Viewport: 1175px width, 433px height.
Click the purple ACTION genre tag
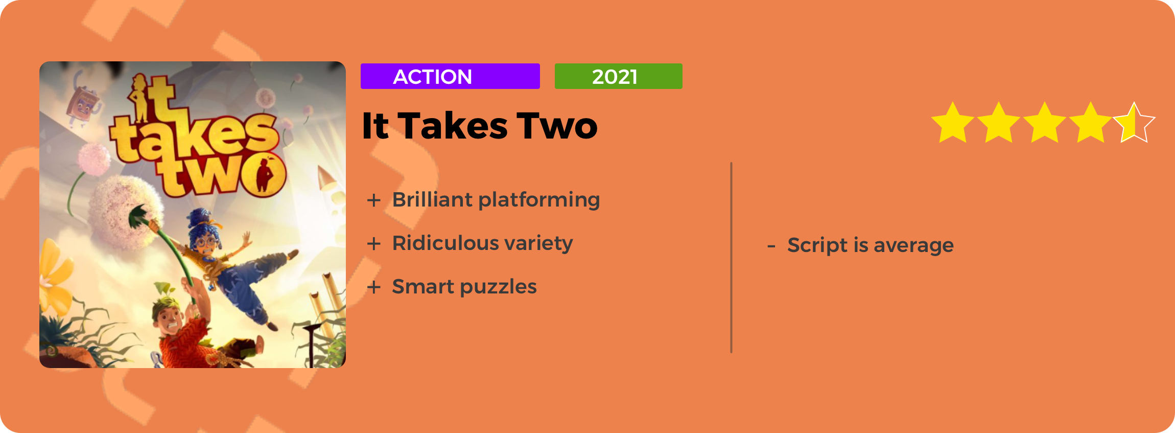click(x=450, y=76)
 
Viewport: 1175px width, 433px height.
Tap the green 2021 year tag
click(x=618, y=76)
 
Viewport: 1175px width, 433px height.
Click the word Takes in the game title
click(x=453, y=126)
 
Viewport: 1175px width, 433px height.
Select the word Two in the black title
click(x=557, y=126)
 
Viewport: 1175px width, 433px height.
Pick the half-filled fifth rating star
click(x=1134, y=123)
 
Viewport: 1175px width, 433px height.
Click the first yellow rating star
click(x=953, y=123)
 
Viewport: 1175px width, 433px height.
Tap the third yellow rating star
click(x=1045, y=123)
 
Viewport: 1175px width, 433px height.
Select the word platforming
click(x=539, y=200)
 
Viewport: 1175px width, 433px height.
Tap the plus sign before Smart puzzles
click(x=374, y=287)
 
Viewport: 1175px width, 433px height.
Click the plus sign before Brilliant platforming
click(x=374, y=200)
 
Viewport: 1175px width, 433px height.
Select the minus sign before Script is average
click(x=771, y=246)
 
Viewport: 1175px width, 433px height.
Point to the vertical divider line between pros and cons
click(x=732, y=258)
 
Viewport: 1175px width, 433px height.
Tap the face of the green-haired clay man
click(x=169, y=320)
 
